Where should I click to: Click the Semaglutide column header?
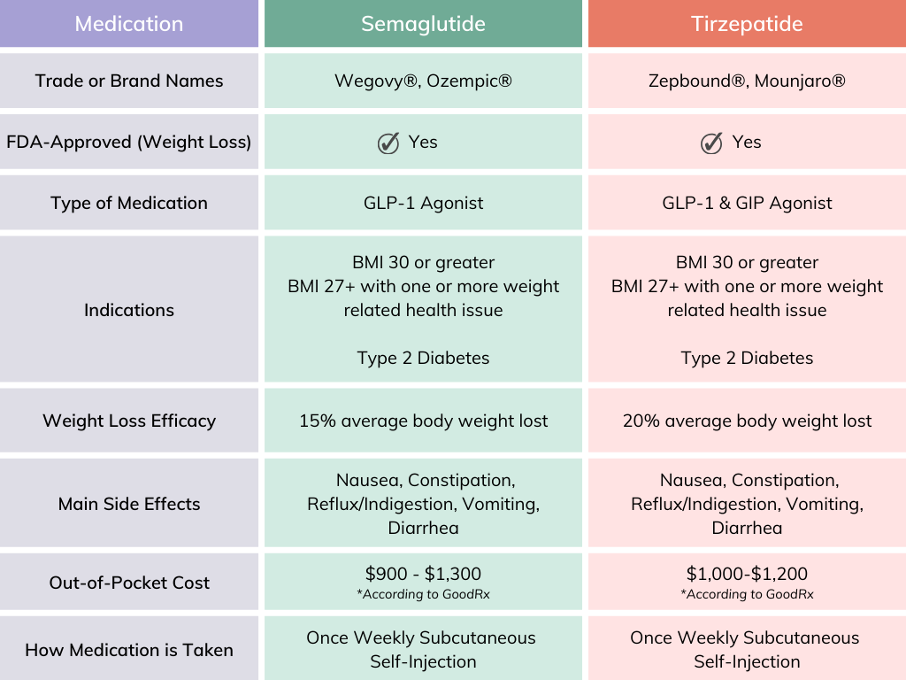tap(423, 24)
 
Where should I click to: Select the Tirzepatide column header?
tap(747, 24)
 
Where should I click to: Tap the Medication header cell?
tap(129, 24)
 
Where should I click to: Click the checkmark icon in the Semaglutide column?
tap(388, 143)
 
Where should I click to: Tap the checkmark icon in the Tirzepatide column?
tap(711, 143)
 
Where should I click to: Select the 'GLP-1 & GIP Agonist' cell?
tap(747, 203)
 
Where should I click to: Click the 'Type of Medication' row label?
tap(129, 203)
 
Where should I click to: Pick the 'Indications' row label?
tap(129, 310)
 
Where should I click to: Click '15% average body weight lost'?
tap(423, 421)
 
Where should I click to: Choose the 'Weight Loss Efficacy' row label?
tap(129, 421)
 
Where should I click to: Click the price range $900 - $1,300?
tap(423, 574)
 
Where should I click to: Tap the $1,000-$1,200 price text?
tap(747, 574)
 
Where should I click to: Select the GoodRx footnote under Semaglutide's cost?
tap(423, 594)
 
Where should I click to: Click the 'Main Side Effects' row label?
tap(129, 504)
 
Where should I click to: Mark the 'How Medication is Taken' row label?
tap(129, 650)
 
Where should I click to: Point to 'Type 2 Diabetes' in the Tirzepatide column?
tap(747, 358)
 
